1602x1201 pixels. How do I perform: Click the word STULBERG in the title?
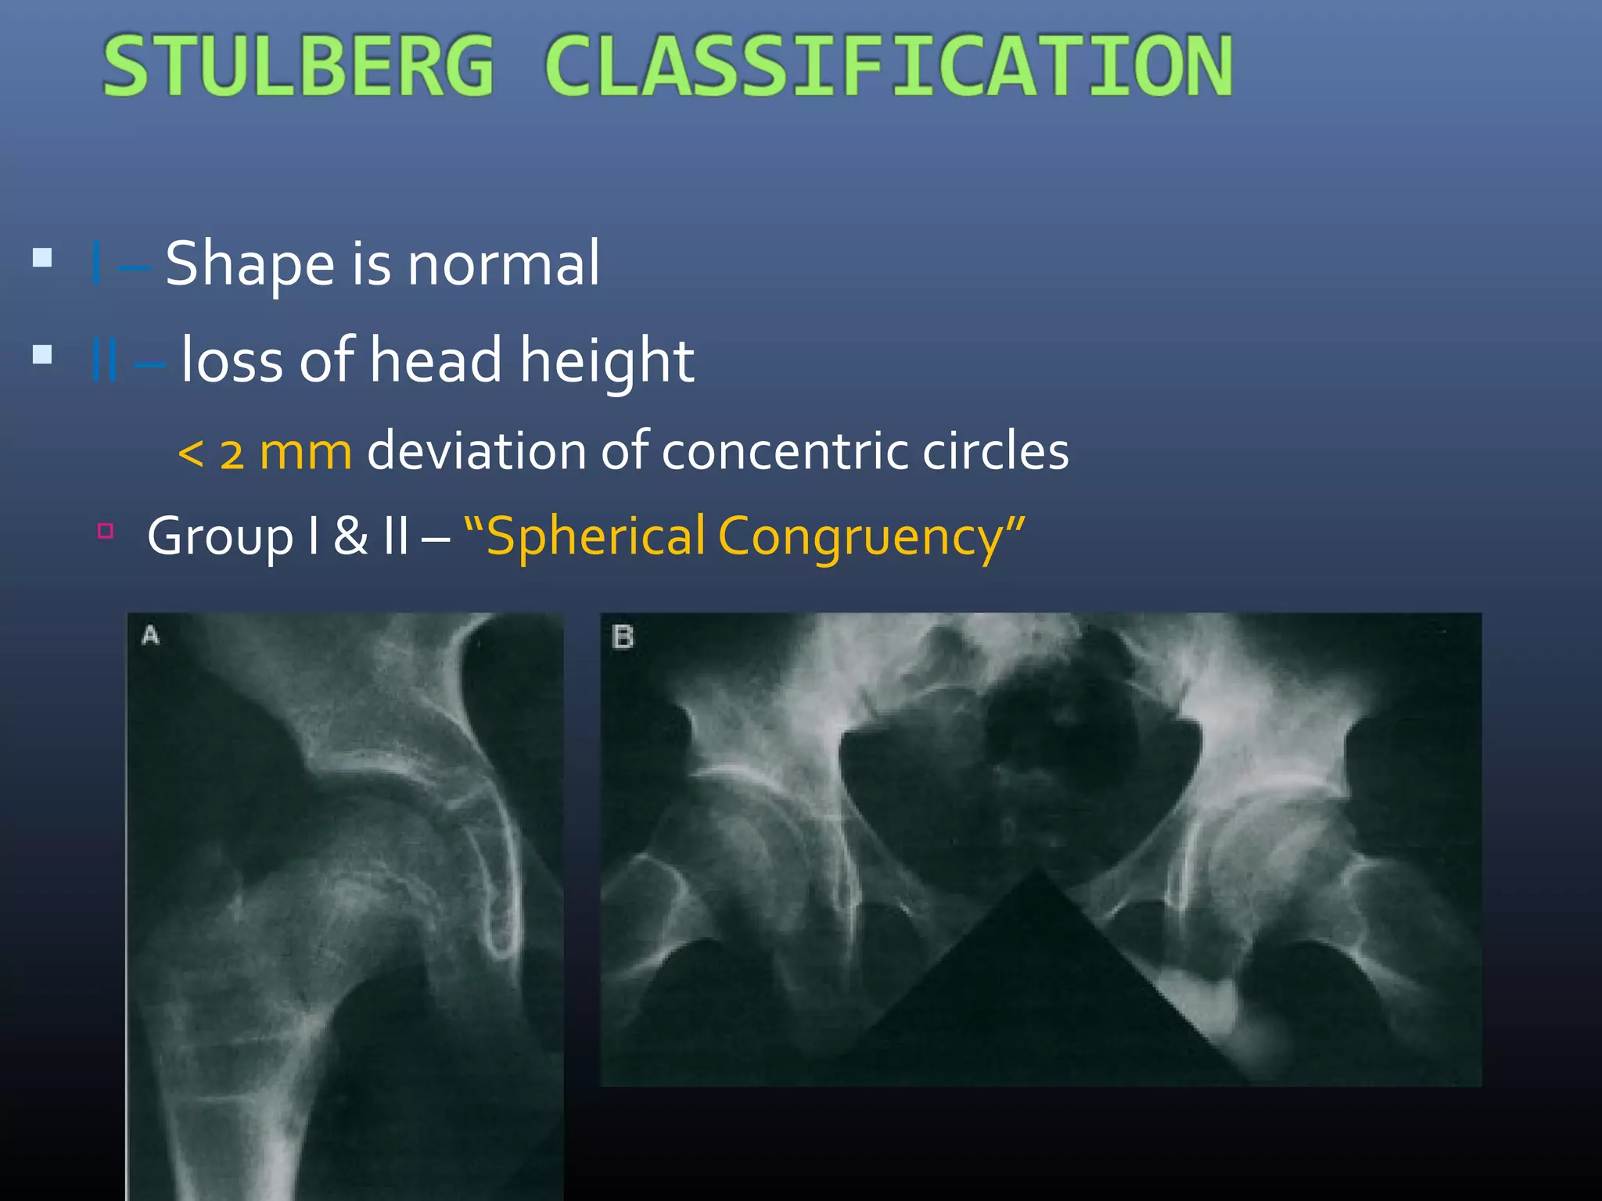(298, 66)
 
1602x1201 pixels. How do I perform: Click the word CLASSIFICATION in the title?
(889, 66)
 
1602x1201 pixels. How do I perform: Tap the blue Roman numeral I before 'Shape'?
(96, 264)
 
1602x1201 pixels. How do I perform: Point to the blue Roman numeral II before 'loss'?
(104, 360)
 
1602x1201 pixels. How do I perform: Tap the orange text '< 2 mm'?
(264, 453)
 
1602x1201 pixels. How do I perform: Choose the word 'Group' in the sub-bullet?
(220, 537)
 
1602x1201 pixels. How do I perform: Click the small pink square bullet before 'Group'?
(106, 532)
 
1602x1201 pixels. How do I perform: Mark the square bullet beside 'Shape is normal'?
(42, 258)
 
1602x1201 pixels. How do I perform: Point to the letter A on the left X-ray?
(150, 636)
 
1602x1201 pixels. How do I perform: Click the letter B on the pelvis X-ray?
(623, 637)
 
